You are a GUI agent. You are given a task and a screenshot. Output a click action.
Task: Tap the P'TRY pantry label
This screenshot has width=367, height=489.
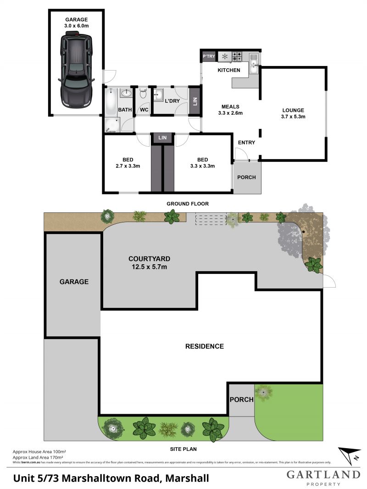pos(209,56)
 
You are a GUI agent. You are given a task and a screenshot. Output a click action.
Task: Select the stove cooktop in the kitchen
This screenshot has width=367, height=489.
pos(237,57)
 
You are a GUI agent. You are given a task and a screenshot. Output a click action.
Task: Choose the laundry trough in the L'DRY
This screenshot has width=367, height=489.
pos(159,96)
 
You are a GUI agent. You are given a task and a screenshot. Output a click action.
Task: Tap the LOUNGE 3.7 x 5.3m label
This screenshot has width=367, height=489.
pos(293,113)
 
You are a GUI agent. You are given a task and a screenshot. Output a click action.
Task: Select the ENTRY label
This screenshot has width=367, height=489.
pos(246,143)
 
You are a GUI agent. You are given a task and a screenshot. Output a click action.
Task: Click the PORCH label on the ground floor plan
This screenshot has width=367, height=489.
pos(246,178)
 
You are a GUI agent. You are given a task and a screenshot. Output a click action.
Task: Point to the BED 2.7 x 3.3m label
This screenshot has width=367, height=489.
pos(128,163)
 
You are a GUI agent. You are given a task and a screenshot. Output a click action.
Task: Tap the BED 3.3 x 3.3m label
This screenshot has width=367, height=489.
pos(203,163)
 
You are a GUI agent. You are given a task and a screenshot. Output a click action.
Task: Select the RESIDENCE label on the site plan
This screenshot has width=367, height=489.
pos(205,346)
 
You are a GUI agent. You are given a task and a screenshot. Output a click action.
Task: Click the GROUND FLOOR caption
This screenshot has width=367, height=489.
pos(188,203)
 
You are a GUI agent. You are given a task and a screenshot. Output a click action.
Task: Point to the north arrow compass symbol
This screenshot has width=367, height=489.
pos(349,456)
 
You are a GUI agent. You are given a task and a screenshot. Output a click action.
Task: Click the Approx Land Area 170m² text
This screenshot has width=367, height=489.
pos(38,457)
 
